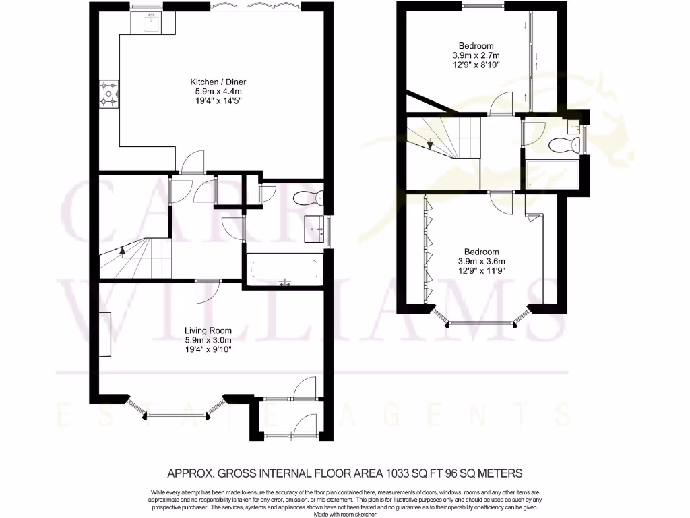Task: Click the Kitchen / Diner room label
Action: click(x=213, y=82)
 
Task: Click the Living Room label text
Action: click(x=208, y=330)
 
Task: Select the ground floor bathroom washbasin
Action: click(x=315, y=230)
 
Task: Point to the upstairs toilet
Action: click(x=564, y=144)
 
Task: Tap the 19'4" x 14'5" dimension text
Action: click(x=213, y=100)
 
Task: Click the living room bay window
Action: click(x=177, y=413)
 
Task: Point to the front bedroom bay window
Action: click(x=480, y=323)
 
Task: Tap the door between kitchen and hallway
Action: click(x=191, y=162)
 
